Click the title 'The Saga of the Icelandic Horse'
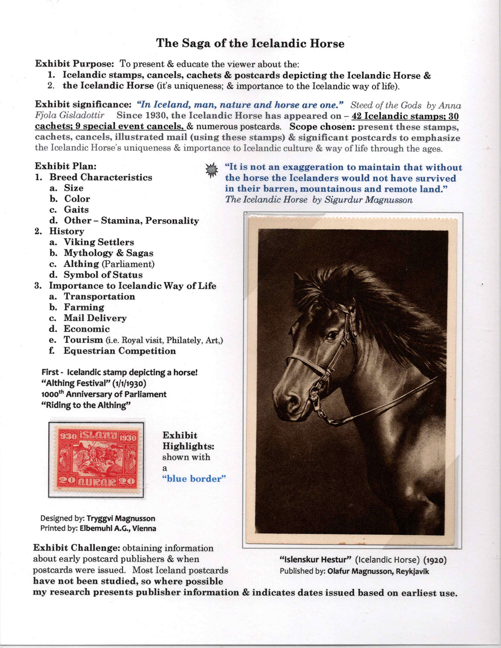pyautogui.click(x=250, y=43)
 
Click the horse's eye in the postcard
pyautogui.click(x=331, y=336)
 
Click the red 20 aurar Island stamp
pyautogui.click(x=96, y=460)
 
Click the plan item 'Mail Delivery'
pyautogui.click(x=95, y=318)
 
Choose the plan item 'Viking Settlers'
pyautogui.click(x=99, y=242)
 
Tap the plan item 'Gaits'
pyautogui.click(x=76, y=210)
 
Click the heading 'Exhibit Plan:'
pyautogui.click(x=66, y=166)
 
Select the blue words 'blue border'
pyautogui.click(x=194, y=478)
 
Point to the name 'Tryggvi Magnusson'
pyautogui.click(x=121, y=518)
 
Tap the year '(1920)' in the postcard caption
pyautogui.click(x=435, y=560)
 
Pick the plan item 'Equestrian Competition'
pyautogui.click(x=119, y=351)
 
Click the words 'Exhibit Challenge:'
pyautogui.click(x=76, y=548)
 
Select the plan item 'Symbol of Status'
pyautogui.click(x=103, y=275)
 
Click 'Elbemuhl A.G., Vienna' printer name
pyautogui.click(x=118, y=528)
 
